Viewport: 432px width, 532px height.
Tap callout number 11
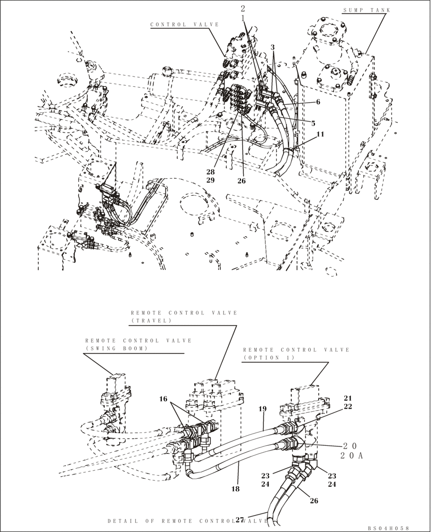[x=320, y=135]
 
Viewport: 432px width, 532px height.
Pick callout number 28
[x=211, y=171]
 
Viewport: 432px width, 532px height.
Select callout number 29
[x=211, y=181]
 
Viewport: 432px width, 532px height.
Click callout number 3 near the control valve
[x=272, y=47]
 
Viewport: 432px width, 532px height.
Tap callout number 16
[x=164, y=398]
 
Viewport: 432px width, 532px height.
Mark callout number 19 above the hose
[x=262, y=410]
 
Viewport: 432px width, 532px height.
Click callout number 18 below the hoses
[x=236, y=488]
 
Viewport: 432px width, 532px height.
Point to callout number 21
[x=347, y=398]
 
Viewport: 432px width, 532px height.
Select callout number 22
[x=347, y=407]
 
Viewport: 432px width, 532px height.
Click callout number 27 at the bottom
[x=239, y=521]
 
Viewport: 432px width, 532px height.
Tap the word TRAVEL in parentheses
[x=151, y=321]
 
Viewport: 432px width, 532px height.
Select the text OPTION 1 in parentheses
[x=265, y=358]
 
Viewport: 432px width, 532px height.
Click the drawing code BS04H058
[x=388, y=528]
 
